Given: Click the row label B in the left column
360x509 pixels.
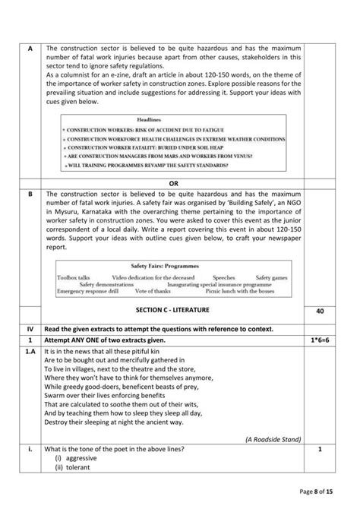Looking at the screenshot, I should pyautogui.click(x=30, y=194).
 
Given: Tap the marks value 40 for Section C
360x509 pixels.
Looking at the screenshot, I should pyautogui.click(x=320, y=311).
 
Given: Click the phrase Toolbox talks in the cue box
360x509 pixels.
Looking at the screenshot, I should pyautogui.click(x=74, y=278).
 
